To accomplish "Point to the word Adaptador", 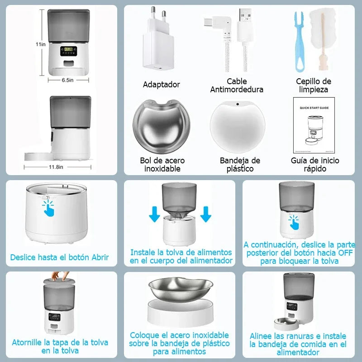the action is click(x=162, y=85).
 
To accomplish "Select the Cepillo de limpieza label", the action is click(x=313, y=86).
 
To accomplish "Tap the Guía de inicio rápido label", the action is click(x=315, y=165).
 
